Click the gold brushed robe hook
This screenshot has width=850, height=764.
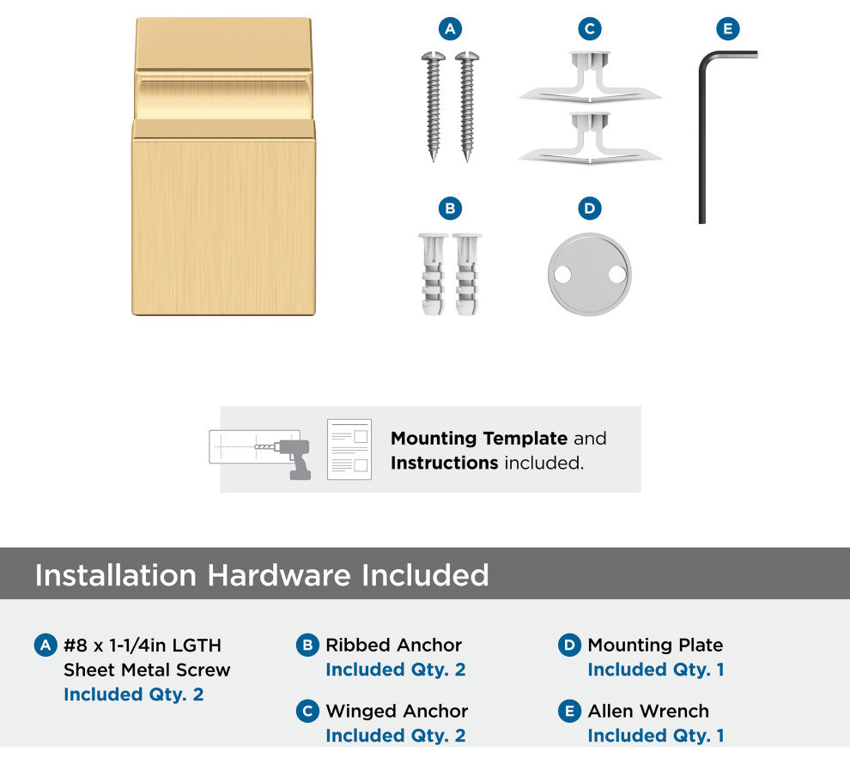[x=223, y=167]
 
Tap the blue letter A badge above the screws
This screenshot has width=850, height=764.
[x=450, y=28]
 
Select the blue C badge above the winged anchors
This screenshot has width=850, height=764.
[x=590, y=28]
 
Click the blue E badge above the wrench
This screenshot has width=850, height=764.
[x=728, y=28]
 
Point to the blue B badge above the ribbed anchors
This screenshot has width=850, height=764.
[x=450, y=208]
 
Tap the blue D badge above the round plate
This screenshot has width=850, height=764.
[x=590, y=208]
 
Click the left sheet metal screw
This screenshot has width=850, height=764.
[x=433, y=106]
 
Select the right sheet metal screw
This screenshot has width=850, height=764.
[x=467, y=106]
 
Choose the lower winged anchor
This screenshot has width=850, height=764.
[x=590, y=138]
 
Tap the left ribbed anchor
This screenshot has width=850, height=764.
[x=433, y=274]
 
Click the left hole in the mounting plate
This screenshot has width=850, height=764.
[x=562, y=275]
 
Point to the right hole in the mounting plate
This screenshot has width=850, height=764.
[x=617, y=275]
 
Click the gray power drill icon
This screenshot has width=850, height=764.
[x=293, y=458]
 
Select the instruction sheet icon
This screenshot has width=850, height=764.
[x=349, y=449]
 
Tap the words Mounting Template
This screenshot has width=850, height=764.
[x=479, y=438]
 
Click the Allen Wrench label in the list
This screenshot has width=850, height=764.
[x=648, y=711]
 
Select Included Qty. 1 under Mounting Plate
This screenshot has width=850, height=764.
[x=656, y=670]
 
